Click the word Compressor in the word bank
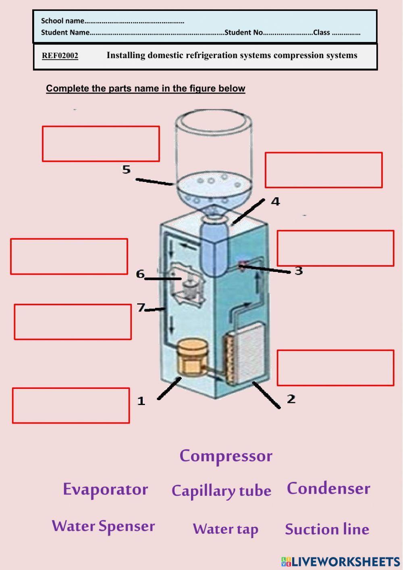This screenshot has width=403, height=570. pyautogui.click(x=226, y=456)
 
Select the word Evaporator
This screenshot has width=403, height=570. pyautogui.click(x=105, y=489)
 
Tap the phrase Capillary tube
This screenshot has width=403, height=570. pyautogui.click(x=221, y=491)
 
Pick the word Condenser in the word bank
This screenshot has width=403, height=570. pyautogui.click(x=328, y=488)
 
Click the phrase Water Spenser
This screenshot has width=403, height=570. pyautogui.click(x=103, y=526)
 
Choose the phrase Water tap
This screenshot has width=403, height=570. pyautogui.click(x=225, y=529)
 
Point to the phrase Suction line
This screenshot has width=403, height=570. pyautogui.click(x=327, y=529)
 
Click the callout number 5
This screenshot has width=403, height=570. pyautogui.click(x=127, y=169)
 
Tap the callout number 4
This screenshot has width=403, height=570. pyautogui.click(x=275, y=201)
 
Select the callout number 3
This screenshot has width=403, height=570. pyautogui.click(x=299, y=271)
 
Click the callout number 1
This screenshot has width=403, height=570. pyautogui.click(x=141, y=401)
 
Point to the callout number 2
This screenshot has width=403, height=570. pyautogui.click(x=291, y=399)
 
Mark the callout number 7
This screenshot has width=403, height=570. pyautogui.click(x=141, y=308)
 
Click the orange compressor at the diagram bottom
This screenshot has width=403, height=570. pyautogui.click(x=191, y=356)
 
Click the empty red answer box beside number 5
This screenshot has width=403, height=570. pyautogui.click(x=101, y=144)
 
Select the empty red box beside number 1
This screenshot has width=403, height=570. pyautogui.click(x=71, y=405)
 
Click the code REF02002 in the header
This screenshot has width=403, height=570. pyautogui.click(x=60, y=56)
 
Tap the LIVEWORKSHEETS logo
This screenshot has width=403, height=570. pyautogui.click(x=341, y=562)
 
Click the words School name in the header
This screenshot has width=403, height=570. pyautogui.click(x=62, y=21)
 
